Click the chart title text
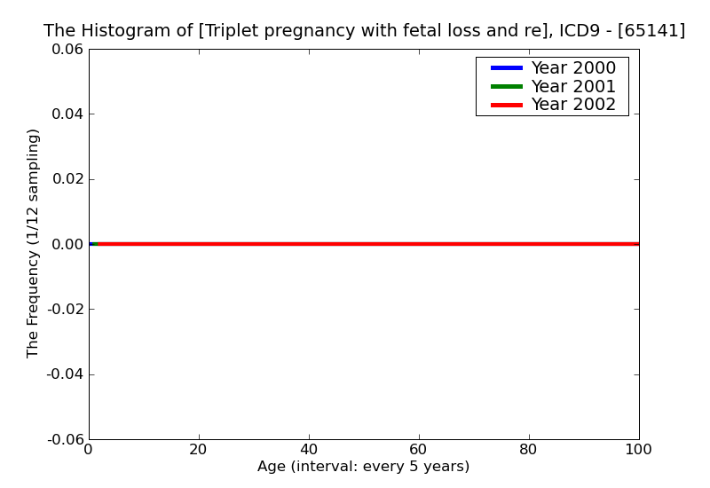(x=364, y=31)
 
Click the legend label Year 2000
(x=572, y=68)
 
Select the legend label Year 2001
(x=572, y=86)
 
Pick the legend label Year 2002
(x=572, y=105)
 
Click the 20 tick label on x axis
(x=199, y=450)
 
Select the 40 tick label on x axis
(x=309, y=450)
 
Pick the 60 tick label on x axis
(x=419, y=450)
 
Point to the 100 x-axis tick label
(x=638, y=450)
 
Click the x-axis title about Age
(x=364, y=467)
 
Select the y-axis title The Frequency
(x=34, y=243)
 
